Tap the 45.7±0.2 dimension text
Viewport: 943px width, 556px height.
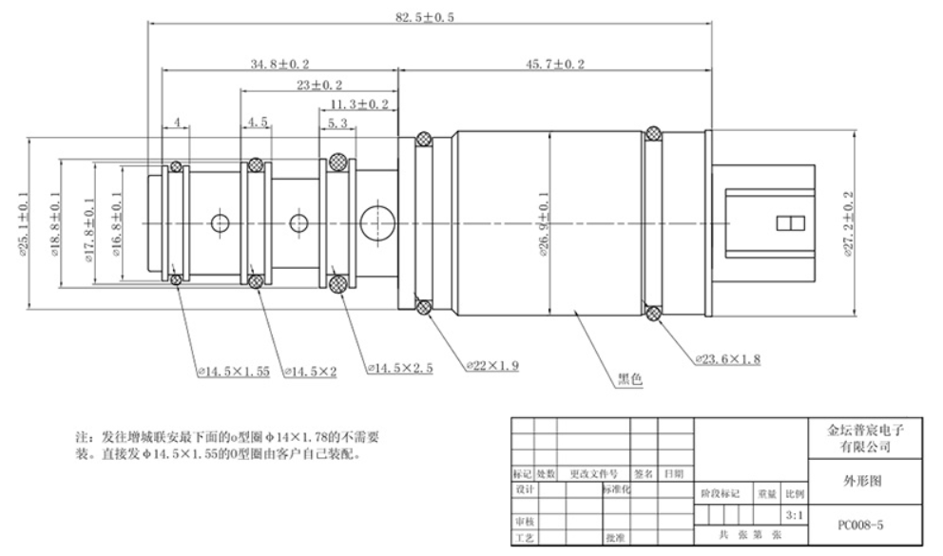click(x=552, y=63)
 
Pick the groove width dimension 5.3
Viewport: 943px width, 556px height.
click(x=336, y=124)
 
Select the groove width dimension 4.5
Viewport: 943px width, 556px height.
click(x=257, y=124)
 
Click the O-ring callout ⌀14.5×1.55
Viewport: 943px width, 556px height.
click(x=233, y=373)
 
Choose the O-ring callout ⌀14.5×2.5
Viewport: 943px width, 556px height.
click(x=398, y=367)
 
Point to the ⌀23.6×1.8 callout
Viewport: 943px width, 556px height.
click(x=726, y=359)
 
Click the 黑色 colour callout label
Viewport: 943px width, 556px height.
click(x=631, y=378)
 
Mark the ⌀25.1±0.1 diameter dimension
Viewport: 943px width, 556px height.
click(x=22, y=221)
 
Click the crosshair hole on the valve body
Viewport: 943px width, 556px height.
click(x=378, y=218)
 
